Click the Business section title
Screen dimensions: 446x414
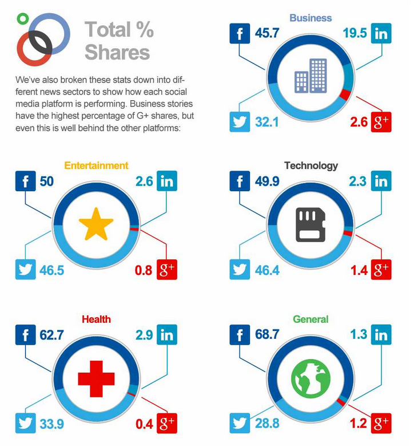pos(310,18)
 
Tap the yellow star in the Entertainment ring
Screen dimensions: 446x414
pos(95,224)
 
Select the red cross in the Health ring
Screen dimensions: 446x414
pos(96,378)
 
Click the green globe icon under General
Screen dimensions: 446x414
pos(310,378)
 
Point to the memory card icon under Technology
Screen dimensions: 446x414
pos(310,224)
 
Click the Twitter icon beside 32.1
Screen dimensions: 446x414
pos(240,122)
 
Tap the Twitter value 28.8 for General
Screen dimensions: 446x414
pos(266,424)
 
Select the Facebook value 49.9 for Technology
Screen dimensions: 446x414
pos(266,182)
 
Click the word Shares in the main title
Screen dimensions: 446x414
pos(117,52)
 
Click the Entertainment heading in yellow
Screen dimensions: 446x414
pos(96,165)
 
